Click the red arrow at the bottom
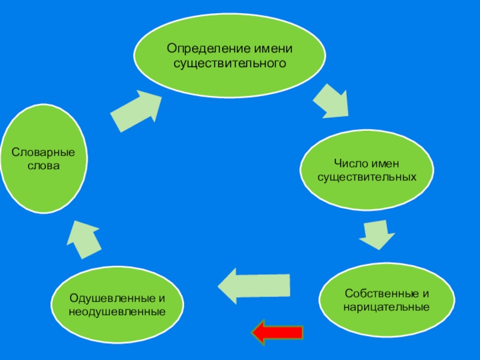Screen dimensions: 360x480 click(278, 332)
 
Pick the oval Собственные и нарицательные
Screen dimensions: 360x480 click(386, 299)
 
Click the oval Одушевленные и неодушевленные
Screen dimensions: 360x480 click(117, 304)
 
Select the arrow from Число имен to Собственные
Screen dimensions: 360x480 click(377, 235)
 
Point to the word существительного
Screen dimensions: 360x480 click(229, 62)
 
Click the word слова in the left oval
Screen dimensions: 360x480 click(44, 165)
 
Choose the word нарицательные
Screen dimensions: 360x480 click(386, 307)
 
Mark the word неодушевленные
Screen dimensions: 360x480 click(117, 311)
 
